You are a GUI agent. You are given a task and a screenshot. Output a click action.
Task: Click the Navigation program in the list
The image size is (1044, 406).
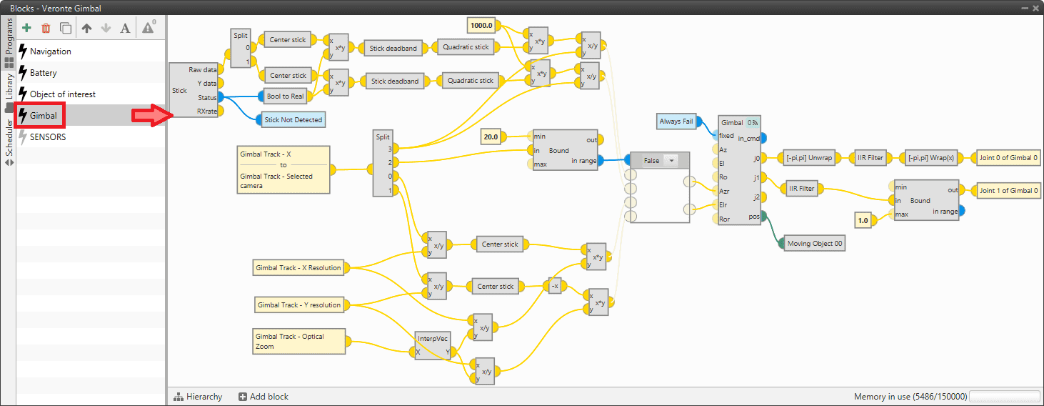pyautogui.click(x=50, y=51)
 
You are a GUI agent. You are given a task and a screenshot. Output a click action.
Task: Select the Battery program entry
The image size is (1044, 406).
pyautogui.click(x=43, y=73)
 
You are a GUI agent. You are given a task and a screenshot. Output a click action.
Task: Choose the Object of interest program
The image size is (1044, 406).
pyautogui.click(x=62, y=94)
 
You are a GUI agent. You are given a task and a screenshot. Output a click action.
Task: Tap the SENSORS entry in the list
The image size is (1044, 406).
pyautogui.click(x=47, y=137)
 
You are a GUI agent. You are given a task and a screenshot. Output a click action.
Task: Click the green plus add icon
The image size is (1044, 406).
pyautogui.click(x=27, y=28)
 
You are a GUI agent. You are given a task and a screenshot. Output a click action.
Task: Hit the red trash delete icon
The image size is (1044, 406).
pyautogui.click(x=46, y=28)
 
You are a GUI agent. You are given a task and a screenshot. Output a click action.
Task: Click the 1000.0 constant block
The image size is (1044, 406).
pyautogui.click(x=482, y=26)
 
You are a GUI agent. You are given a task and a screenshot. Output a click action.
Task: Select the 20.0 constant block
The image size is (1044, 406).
pyautogui.click(x=491, y=136)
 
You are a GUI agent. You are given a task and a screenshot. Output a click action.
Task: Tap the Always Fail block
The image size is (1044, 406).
pyautogui.click(x=676, y=122)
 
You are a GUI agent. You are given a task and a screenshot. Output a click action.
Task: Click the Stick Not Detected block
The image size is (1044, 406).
pyautogui.click(x=293, y=120)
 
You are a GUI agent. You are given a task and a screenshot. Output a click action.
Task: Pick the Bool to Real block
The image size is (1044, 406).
pyautogui.click(x=285, y=96)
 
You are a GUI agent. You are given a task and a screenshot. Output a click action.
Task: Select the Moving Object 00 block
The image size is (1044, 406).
pyautogui.click(x=814, y=244)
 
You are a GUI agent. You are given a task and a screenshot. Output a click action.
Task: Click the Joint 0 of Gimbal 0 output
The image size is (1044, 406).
pyautogui.click(x=1008, y=158)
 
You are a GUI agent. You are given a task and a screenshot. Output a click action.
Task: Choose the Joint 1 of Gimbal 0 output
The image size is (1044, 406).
pyautogui.click(x=1008, y=191)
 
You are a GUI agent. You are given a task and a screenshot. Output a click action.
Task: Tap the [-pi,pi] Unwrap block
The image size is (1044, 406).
pyautogui.click(x=808, y=158)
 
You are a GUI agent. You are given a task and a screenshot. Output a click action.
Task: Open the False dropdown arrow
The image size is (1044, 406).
pyautogui.click(x=671, y=161)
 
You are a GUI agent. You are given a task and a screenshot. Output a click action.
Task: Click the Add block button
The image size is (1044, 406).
pyautogui.click(x=263, y=397)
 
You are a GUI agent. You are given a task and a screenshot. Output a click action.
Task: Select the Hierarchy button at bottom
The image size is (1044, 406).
pyautogui.click(x=198, y=397)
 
